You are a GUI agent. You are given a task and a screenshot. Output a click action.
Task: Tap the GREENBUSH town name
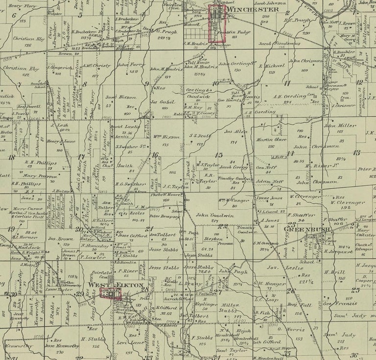pyautogui.click(x=301, y=228)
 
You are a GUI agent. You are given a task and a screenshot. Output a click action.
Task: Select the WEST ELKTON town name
pyautogui.click(x=116, y=285)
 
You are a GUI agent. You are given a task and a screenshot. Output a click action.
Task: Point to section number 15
pyautogui.click(x=219, y=155)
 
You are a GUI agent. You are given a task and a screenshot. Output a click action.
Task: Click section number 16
pyautogui.click(x=155, y=155)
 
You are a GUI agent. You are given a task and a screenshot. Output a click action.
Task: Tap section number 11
pyautogui.click(x=287, y=83)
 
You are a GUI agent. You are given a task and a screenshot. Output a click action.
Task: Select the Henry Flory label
pyautogui.click(x=23, y=6)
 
